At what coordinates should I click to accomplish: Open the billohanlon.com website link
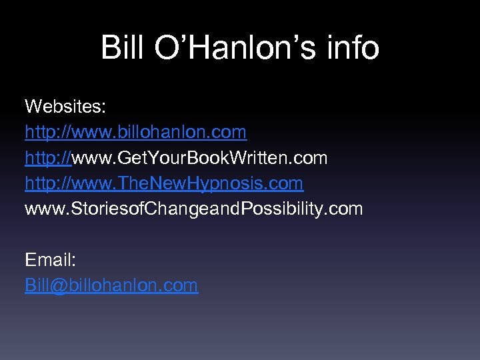click(136, 132)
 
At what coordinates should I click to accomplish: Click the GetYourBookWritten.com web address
click(176, 158)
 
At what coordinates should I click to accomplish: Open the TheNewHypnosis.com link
click(164, 183)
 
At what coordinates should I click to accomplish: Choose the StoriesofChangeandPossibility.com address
click(193, 209)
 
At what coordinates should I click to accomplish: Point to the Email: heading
click(50, 260)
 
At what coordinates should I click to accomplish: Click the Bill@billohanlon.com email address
click(111, 285)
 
